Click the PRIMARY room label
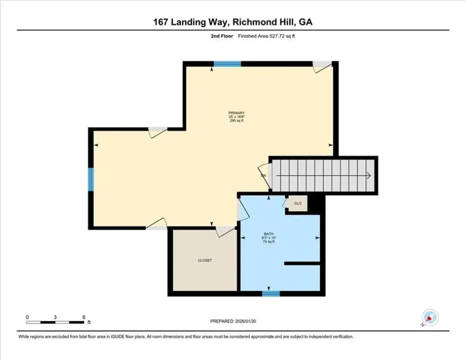(x=236, y=113)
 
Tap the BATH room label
(x=269, y=234)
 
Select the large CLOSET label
(x=205, y=261)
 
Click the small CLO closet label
(x=298, y=204)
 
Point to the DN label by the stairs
(x=263, y=176)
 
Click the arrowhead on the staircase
(x=369, y=176)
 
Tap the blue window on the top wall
(x=227, y=64)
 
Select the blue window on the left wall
(x=91, y=179)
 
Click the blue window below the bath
(x=271, y=294)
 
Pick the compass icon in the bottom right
(x=429, y=317)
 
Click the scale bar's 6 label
(x=83, y=316)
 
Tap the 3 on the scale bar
(x=55, y=316)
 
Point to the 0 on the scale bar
(x=27, y=316)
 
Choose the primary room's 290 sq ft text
(x=236, y=121)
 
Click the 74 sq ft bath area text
(x=269, y=241)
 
